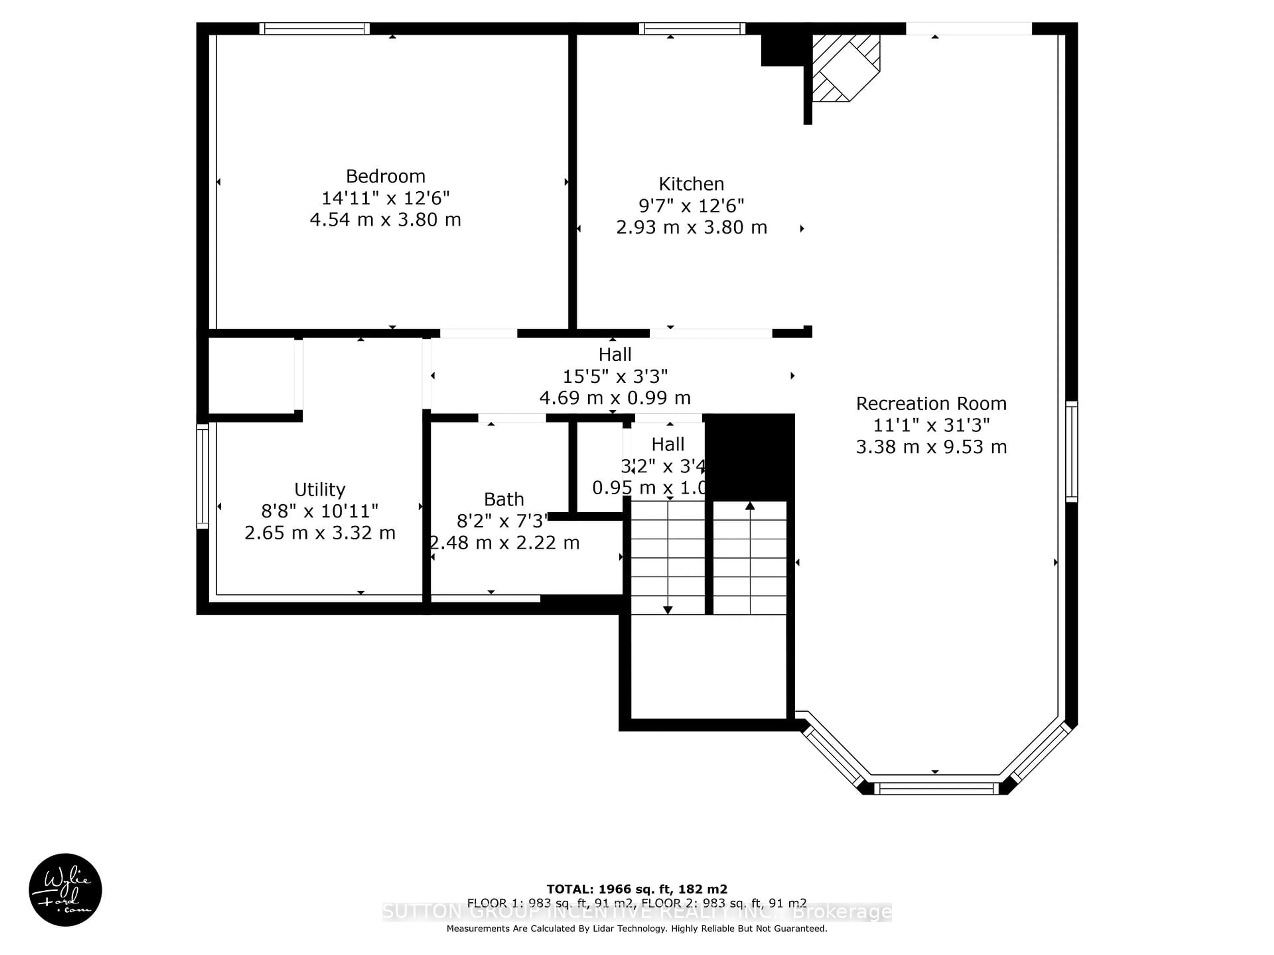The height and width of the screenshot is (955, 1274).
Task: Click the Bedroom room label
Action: pos(385,176)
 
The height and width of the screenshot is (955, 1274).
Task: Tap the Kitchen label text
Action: pos(691,184)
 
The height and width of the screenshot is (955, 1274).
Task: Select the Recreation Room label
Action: pos(931,404)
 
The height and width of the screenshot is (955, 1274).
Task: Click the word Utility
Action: pos(319,489)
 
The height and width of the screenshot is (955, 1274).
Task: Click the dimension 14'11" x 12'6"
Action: pos(385,198)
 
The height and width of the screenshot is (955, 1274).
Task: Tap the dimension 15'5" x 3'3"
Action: pos(614,376)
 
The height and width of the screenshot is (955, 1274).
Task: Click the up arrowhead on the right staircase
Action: pos(750,506)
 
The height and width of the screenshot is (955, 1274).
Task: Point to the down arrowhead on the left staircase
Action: pos(668,609)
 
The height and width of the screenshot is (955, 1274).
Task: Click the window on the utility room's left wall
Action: pos(202,476)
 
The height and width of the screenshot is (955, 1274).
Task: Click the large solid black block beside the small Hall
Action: pos(749,457)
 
